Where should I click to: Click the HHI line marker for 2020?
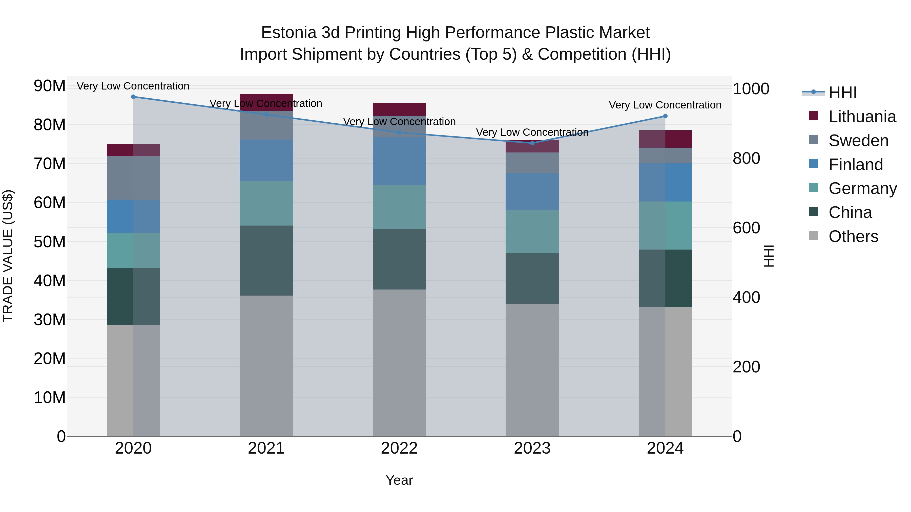click(133, 97)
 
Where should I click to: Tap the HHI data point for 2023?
click(532, 143)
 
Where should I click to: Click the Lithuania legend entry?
click(862, 117)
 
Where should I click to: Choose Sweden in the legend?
click(858, 141)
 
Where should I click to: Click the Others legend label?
click(853, 236)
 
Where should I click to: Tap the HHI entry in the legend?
click(842, 93)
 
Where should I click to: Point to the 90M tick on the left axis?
click(50, 86)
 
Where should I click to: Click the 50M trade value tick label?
click(50, 242)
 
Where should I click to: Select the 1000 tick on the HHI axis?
click(751, 89)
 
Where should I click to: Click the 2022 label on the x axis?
click(399, 448)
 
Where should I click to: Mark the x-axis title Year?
click(399, 480)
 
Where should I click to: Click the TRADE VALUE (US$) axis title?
click(8, 256)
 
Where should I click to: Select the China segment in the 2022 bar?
click(399, 259)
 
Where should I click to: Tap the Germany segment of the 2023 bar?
click(532, 232)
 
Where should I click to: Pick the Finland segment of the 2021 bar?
click(266, 160)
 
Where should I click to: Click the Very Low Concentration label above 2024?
click(665, 105)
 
